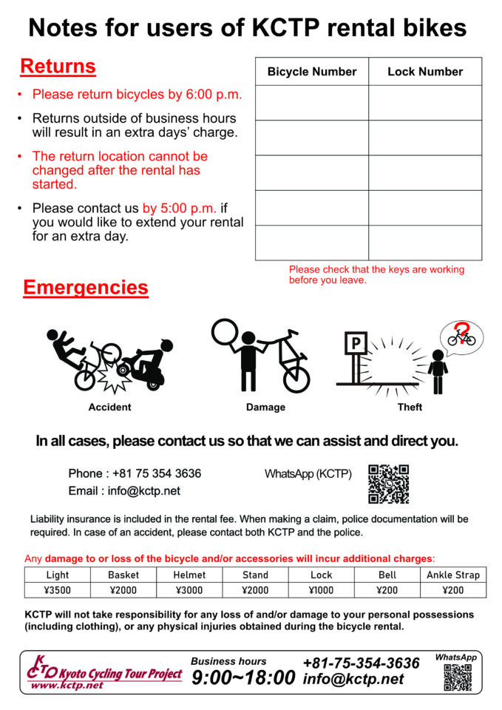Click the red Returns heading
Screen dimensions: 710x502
tap(58, 67)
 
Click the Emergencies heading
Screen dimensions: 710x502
tap(86, 287)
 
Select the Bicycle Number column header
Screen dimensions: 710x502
tap(312, 72)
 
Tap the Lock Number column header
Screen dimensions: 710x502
tap(425, 72)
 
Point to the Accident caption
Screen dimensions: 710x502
tap(109, 407)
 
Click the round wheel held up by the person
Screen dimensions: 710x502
tap(224, 331)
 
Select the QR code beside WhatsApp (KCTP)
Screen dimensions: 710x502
tap(388, 484)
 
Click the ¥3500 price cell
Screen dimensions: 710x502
tap(57, 589)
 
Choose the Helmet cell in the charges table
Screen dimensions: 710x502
tap(189, 575)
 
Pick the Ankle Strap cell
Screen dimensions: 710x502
tap(453, 575)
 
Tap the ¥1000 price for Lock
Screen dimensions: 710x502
tap(322, 589)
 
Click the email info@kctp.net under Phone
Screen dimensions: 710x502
tap(124, 490)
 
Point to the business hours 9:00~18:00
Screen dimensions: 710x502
tap(243, 677)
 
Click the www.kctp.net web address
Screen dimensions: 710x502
tap(67, 686)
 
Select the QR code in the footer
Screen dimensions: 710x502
tap(458, 677)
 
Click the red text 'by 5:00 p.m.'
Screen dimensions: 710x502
tap(177, 209)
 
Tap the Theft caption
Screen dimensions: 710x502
tap(410, 407)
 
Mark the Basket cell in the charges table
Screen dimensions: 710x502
tap(123, 575)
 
